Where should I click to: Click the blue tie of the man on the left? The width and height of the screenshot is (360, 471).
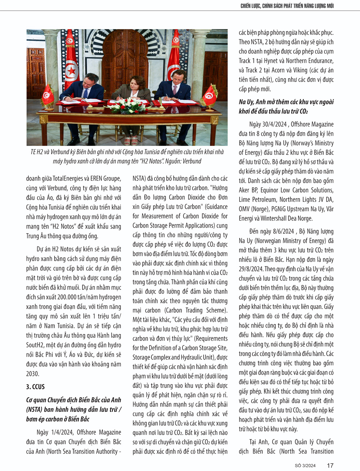click(x=86, y=93)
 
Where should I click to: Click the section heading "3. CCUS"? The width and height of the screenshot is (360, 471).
click(x=35, y=387)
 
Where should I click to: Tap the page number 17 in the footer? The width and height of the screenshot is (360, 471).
click(x=330, y=466)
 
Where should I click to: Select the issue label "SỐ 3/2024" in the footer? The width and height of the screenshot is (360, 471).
click(x=305, y=466)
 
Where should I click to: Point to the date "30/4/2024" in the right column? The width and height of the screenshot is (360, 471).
click(x=274, y=124)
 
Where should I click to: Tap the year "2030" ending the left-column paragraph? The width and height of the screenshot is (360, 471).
click(x=32, y=374)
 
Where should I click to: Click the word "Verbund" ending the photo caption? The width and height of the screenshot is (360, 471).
click(x=192, y=161)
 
